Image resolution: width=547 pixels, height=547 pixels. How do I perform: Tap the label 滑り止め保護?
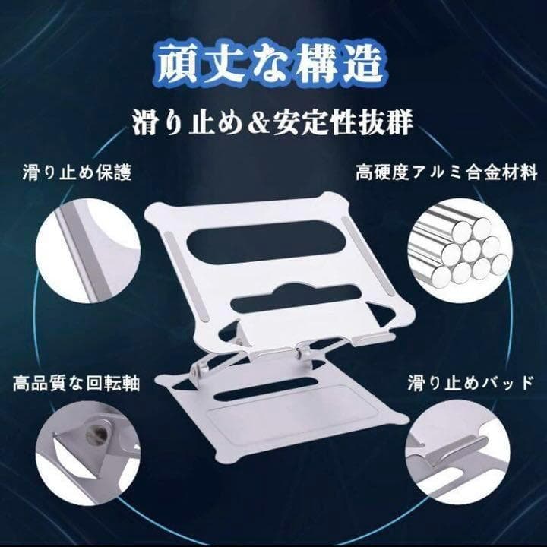pos(77,173)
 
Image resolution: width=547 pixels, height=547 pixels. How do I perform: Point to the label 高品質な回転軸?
pos(77,383)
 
